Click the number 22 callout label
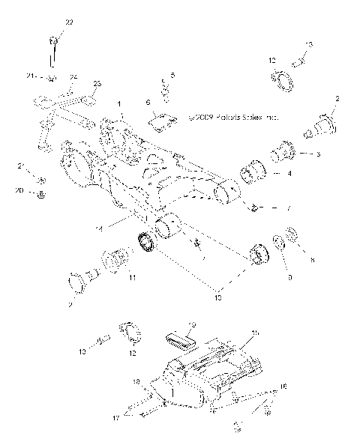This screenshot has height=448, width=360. [69, 23]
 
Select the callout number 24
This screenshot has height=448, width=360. [73, 77]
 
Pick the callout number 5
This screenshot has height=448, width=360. [172, 76]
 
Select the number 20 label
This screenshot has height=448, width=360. [19, 190]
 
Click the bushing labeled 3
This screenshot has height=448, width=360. [285, 154]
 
